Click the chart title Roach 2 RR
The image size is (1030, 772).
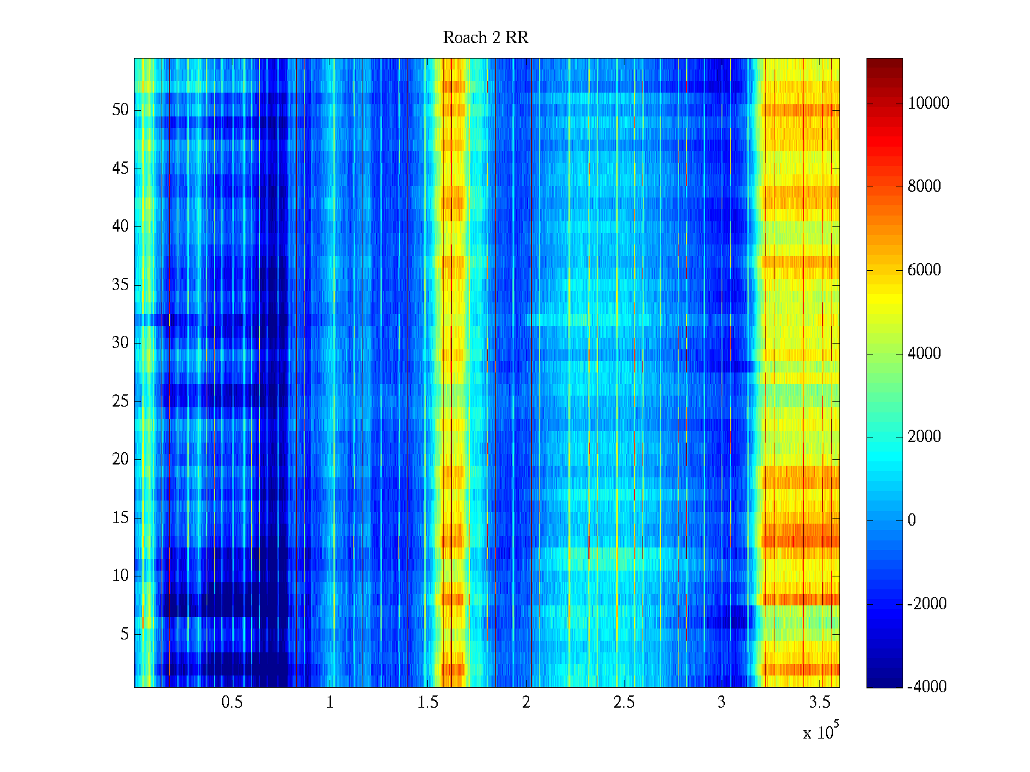[485, 38]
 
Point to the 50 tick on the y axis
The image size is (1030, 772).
[120, 110]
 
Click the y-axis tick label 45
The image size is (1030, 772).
[120, 169]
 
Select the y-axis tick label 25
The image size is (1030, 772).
[120, 401]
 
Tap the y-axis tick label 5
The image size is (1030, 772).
[124, 634]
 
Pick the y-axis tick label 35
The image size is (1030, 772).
[120, 285]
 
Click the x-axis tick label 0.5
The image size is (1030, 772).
[232, 703]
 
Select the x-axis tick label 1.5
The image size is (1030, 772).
[427, 703]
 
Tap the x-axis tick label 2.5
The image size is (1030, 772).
[624, 703]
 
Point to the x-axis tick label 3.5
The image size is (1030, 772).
[819, 703]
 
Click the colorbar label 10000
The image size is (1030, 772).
[928, 104]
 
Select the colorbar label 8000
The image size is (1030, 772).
[924, 187]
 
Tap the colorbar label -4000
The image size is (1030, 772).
[927, 686]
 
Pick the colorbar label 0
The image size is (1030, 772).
[912, 520]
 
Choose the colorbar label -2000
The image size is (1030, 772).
[927, 603]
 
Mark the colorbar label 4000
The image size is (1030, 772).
[924, 353]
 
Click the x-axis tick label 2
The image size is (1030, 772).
[526, 703]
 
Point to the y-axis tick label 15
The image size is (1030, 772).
[120, 518]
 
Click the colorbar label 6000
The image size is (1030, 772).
[924, 270]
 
